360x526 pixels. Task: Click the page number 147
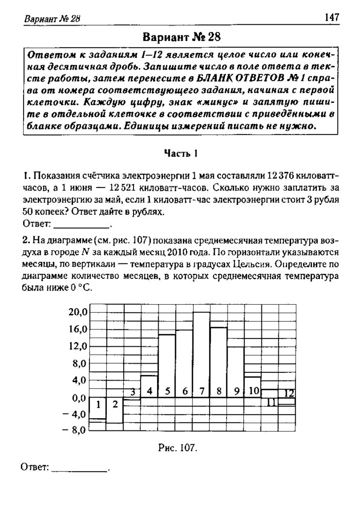point(332,18)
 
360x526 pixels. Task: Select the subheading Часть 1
point(181,153)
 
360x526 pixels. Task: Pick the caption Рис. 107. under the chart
point(178,448)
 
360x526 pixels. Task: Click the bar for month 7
point(201,354)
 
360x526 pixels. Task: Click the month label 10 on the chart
point(253,391)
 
